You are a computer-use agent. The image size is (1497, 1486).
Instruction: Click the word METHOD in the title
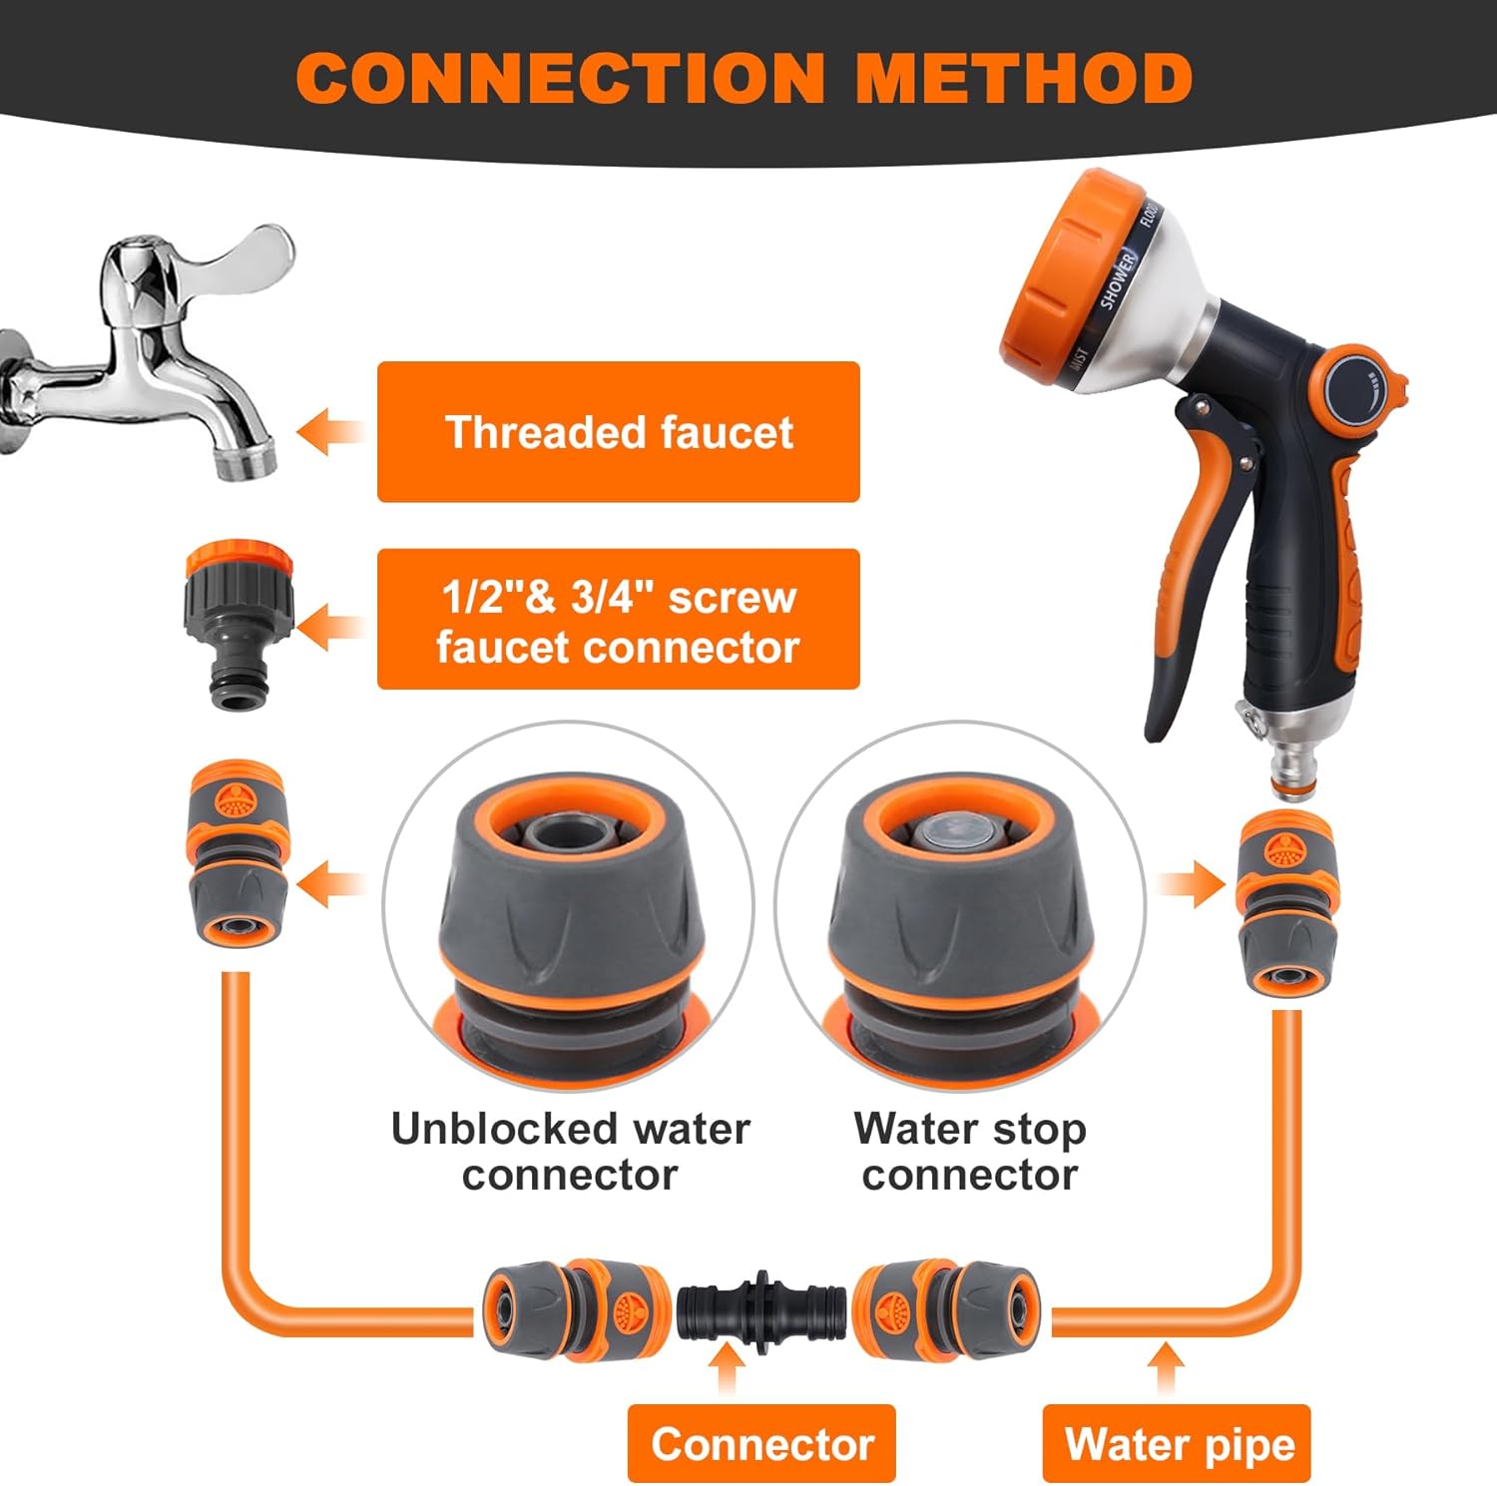click(x=1025, y=78)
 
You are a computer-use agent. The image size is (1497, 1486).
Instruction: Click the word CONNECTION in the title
click(x=560, y=78)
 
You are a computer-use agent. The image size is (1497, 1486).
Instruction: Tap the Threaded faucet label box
click(x=618, y=431)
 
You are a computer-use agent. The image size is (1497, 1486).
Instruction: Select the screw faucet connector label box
click(x=618, y=620)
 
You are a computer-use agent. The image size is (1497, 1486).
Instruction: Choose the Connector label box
click(x=761, y=1444)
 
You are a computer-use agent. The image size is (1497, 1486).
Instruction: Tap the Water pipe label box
click(x=1179, y=1444)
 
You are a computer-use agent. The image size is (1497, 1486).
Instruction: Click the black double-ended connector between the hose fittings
click(x=761, y=1311)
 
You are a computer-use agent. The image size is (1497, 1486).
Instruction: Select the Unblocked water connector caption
click(x=570, y=1151)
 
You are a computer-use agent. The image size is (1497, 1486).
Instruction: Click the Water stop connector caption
click(x=969, y=1151)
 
